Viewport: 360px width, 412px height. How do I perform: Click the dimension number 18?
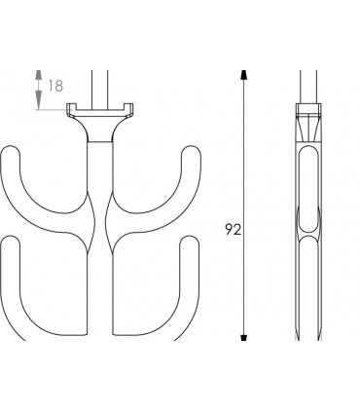(x=55, y=86)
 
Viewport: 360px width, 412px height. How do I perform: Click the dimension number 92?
(x=234, y=230)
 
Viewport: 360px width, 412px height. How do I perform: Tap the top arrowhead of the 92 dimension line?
(x=243, y=75)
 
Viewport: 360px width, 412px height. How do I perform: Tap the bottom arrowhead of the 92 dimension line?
(x=243, y=337)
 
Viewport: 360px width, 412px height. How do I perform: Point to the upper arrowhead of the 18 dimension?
(x=39, y=75)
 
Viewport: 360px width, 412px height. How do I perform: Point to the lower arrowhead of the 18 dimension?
(x=39, y=99)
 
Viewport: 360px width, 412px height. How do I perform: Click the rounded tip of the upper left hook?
(x=11, y=151)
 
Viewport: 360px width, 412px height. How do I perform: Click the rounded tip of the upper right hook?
(x=191, y=151)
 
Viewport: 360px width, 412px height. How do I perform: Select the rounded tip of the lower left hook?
(x=11, y=241)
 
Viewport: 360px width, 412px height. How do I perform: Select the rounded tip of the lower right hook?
(x=190, y=241)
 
